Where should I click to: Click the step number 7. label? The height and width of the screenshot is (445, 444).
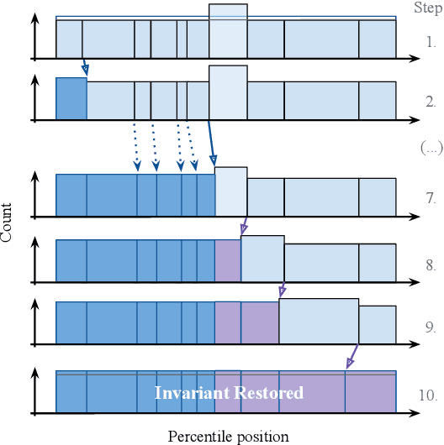(x=430, y=199)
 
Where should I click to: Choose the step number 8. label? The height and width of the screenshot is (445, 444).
(x=430, y=264)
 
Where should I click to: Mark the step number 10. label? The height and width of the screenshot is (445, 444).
(x=428, y=394)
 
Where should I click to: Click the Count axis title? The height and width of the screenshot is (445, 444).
(x=7, y=222)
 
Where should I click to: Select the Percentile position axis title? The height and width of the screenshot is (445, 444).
(x=228, y=436)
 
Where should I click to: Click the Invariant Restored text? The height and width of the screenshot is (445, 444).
(x=228, y=393)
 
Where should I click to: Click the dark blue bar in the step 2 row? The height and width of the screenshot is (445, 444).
(x=71, y=98)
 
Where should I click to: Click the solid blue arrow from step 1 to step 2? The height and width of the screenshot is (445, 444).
(x=84, y=66)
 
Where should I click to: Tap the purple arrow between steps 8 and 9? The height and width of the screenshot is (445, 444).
(x=282, y=290)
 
